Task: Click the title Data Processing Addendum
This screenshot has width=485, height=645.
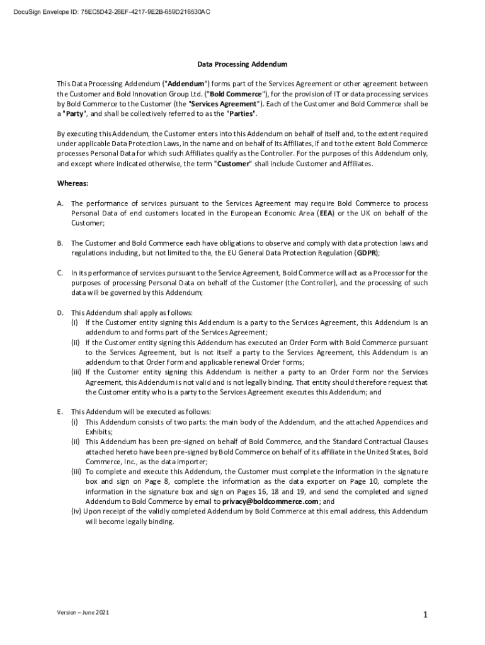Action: pos(243,64)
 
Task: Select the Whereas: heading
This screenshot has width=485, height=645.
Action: pos(72,183)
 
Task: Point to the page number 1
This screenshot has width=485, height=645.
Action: pos(426,615)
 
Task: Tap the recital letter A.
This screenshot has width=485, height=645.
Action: pos(60,204)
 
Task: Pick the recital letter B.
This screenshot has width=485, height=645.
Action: pos(60,243)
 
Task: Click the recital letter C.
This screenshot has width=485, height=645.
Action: pos(60,273)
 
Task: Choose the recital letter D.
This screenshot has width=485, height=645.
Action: pos(60,312)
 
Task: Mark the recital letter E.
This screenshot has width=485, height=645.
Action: pos(60,412)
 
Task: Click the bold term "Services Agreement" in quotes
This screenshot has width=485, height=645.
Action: pos(224,104)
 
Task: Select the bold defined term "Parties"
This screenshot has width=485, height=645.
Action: pos(241,114)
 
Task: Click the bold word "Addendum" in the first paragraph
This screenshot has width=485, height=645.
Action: pos(185,84)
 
